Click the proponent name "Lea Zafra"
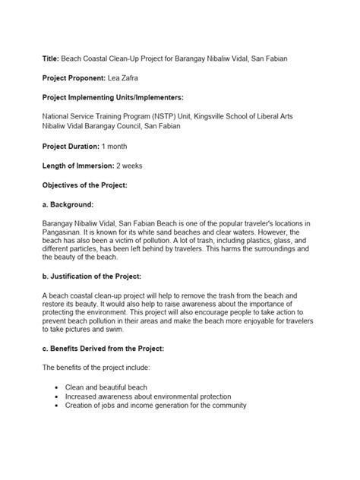pos(132,77)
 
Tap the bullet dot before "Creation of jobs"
pos(58,406)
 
